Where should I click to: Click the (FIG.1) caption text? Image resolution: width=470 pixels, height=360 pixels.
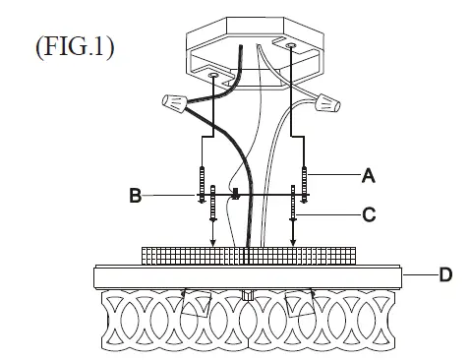[x=73, y=48]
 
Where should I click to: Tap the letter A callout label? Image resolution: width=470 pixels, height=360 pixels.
[x=369, y=176]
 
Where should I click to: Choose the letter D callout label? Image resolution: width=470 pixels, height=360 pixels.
[x=444, y=274]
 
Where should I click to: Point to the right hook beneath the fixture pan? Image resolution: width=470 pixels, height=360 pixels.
[x=311, y=292]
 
